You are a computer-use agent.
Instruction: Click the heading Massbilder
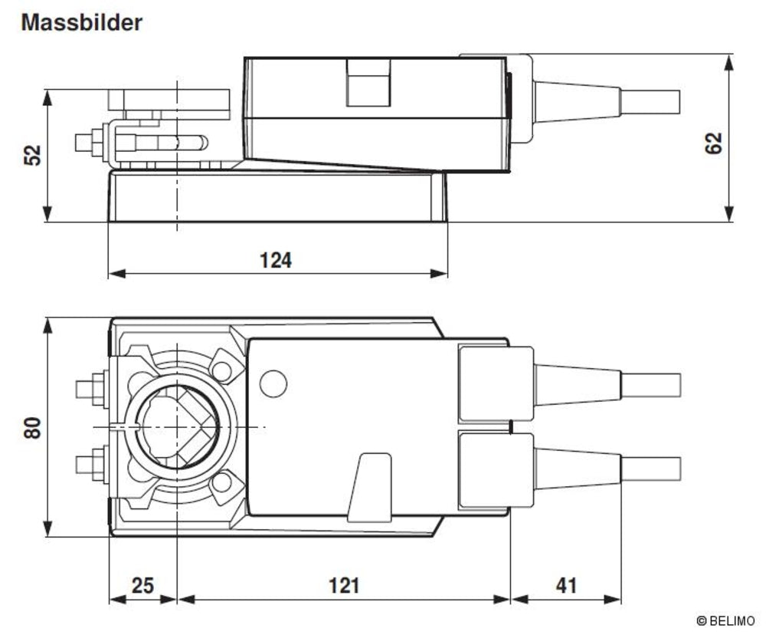click(x=81, y=22)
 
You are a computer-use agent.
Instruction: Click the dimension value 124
click(x=276, y=260)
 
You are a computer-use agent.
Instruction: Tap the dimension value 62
click(x=713, y=143)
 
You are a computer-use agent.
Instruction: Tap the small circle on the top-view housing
click(x=273, y=383)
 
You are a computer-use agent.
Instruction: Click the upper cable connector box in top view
click(x=495, y=383)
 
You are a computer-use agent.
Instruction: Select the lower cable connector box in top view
click(x=495, y=469)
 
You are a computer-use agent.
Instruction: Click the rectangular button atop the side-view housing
click(x=369, y=82)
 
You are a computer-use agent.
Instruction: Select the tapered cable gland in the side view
click(x=576, y=101)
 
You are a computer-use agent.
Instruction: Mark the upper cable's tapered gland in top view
click(x=576, y=384)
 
